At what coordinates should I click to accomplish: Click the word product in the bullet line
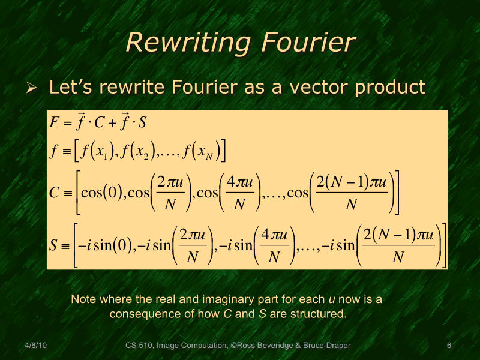[x=391, y=88]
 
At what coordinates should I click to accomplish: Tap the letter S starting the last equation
[x=55, y=246]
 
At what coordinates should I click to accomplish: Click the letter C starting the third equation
[x=55, y=193]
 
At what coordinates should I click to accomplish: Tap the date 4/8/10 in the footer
[x=37, y=346]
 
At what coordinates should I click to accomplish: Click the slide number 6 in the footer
[x=449, y=346]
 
